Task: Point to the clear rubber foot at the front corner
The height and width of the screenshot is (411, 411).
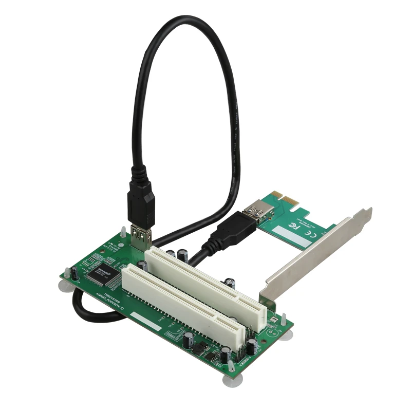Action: point(230,379)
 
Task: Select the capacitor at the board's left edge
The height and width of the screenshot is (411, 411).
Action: point(74,273)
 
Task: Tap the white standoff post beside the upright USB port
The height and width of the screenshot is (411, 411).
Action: point(123,232)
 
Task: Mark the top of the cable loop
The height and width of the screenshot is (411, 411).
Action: point(182,20)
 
